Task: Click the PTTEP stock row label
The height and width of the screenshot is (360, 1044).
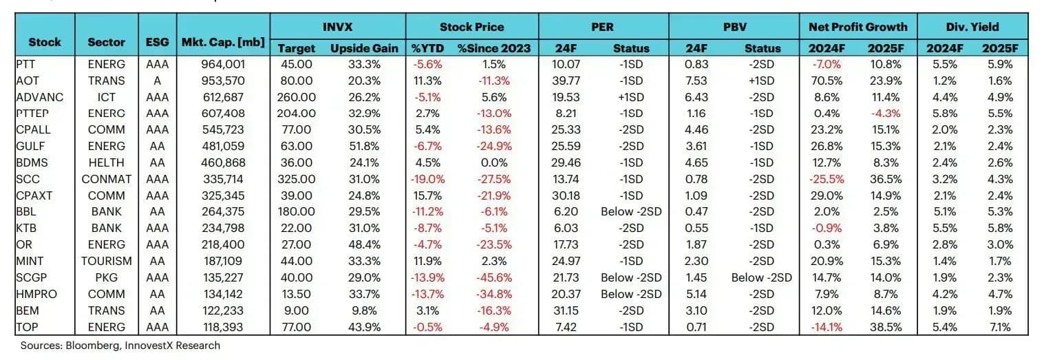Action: pyautogui.click(x=32, y=114)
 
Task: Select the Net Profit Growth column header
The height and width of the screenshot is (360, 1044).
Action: pyautogui.click(x=857, y=27)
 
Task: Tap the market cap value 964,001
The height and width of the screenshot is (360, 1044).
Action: pyautogui.click(x=223, y=64)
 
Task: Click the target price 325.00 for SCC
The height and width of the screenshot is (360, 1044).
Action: pyautogui.click(x=296, y=179)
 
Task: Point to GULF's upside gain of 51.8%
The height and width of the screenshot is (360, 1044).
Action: pyautogui.click(x=364, y=146)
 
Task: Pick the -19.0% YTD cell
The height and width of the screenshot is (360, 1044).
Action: pyautogui.click(x=427, y=179)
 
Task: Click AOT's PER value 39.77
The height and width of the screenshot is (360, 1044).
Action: pyautogui.click(x=566, y=81)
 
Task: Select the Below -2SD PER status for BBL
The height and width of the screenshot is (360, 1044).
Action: pyautogui.click(x=631, y=212)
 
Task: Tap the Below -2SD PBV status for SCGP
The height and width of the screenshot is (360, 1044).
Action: pyautogui.click(x=762, y=277)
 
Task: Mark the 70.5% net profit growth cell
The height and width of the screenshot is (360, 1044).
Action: pyautogui.click(x=827, y=81)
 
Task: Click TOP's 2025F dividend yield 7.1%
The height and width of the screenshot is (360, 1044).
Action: pyautogui.click(x=1000, y=327)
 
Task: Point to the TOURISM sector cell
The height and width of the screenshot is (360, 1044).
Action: pyautogui.click(x=106, y=261)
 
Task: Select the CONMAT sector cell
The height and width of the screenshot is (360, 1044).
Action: pyautogui.click(x=106, y=179)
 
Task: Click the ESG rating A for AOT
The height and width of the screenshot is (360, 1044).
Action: pyautogui.click(x=157, y=81)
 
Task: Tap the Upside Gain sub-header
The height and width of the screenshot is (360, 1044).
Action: pyautogui.click(x=364, y=48)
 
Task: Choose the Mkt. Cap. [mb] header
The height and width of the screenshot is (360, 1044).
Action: pyautogui.click(x=223, y=43)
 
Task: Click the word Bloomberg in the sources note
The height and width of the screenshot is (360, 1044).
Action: pyautogui.click(x=92, y=346)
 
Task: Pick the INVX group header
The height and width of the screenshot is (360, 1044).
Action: pyautogui.click(x=337, y=27)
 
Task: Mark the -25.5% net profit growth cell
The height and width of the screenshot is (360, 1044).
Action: pyautogui.click(x=827, y=179)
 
